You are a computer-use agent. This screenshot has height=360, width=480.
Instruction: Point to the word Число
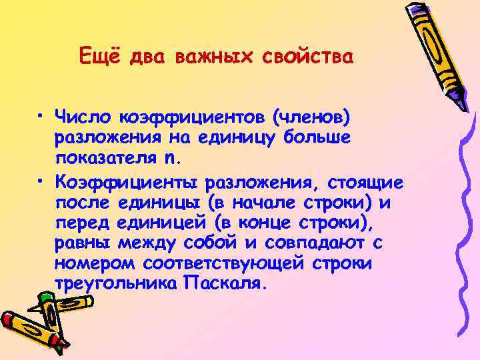(85, 118)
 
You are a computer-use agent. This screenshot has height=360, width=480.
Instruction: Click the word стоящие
(364, 182)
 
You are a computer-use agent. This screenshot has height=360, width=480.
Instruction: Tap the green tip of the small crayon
(49, 301)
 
